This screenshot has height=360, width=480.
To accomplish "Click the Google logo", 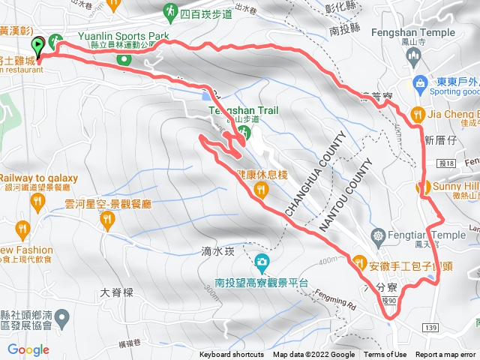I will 28,349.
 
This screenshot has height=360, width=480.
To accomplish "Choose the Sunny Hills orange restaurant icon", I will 424,187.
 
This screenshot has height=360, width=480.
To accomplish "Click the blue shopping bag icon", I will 420,82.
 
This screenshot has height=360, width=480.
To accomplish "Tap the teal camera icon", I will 262,262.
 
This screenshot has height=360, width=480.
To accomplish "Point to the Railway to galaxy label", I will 35,176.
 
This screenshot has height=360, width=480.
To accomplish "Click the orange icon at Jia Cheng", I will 418,115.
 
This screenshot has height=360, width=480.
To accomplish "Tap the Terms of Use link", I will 385,355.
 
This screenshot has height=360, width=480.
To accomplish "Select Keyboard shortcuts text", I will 232,355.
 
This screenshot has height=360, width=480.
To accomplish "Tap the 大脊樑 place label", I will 115,292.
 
